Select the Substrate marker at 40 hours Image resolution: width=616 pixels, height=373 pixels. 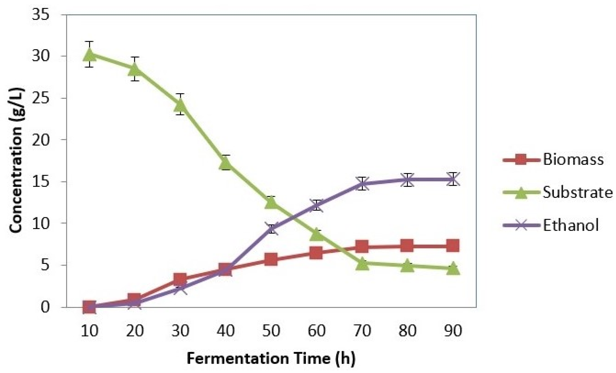point(226,163)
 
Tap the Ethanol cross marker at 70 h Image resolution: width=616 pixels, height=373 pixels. point(362,183)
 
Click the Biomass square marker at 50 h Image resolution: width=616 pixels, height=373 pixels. point(271,259)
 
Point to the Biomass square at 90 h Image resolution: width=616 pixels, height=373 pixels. point(453,246)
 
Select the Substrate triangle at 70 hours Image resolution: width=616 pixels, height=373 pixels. point(362,264)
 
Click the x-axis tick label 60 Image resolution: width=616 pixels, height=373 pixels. point(316,331)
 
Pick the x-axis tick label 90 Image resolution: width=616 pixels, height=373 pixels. point(453,331)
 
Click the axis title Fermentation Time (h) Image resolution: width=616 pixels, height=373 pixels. point(271,358)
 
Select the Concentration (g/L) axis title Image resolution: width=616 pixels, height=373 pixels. point(17,160)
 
